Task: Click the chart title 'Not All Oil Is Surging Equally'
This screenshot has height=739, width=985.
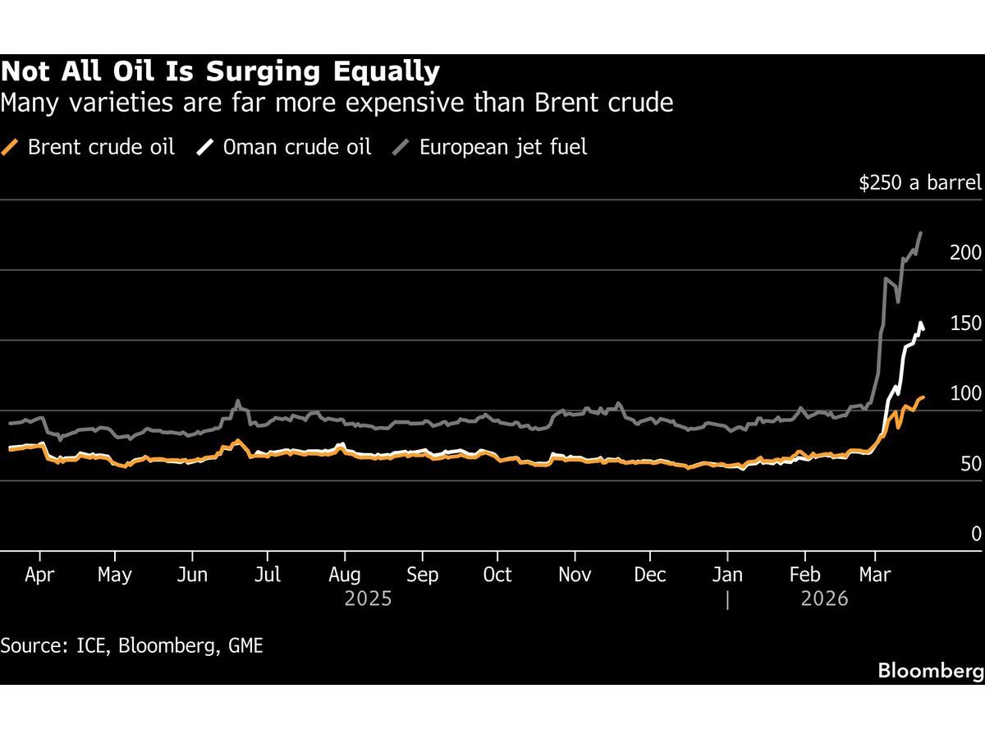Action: (x=220, y=72)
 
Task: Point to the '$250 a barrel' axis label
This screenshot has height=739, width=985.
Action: (x=919, y=182)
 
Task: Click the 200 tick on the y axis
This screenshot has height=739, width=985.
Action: (x=965, y=253)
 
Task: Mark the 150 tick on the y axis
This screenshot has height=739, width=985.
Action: (x=965, y=324)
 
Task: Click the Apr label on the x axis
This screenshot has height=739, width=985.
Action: (x=39, y=575)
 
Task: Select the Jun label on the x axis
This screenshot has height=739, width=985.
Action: (x=192, y=575)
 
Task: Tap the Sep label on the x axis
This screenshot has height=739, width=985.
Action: (x=422, y=575)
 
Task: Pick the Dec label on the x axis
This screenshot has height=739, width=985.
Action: (x=651, y=575)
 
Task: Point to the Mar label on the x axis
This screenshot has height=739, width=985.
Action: (x=874, y=575)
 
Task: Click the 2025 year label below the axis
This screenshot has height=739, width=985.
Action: (x=368, y=599)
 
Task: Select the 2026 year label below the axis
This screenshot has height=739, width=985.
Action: (x=824, y=599)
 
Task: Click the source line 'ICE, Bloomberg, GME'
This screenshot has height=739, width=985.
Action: (x=131, y=645)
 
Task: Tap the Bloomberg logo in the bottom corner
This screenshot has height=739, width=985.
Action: (x=930, y=671)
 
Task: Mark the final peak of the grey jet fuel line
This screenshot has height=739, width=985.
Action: (x=921, y=233)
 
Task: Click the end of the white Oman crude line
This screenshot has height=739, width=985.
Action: (x=924, y=329)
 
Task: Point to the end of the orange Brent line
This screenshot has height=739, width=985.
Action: (x=923, y=397)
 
